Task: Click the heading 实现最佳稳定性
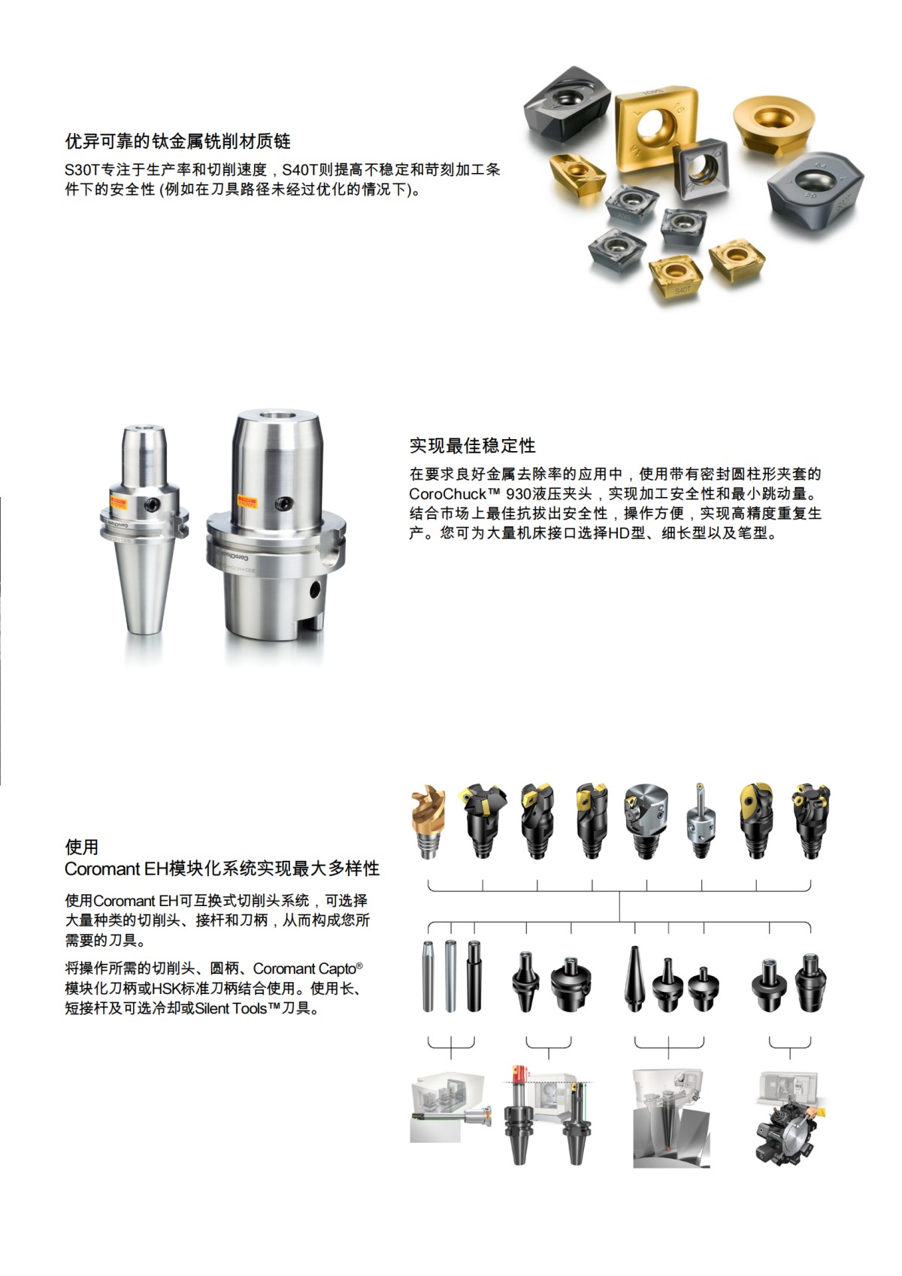tap(472, 445)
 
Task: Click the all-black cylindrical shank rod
tap(474, 975)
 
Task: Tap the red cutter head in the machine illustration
tap(519, 1075)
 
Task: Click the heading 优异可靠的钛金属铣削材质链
tap(177, 141)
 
